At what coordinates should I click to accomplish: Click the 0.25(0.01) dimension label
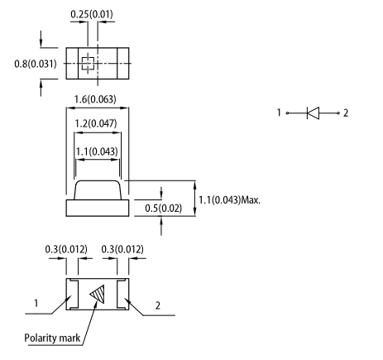point(92,14)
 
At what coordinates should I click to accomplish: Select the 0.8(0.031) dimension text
point(36,64)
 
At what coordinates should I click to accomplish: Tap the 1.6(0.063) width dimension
point(95,99)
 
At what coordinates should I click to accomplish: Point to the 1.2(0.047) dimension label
point(96,123)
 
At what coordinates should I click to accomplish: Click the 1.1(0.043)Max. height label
point(230,199)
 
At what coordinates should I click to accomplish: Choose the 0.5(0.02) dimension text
point(164,208)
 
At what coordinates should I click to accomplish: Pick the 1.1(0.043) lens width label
point(97,151)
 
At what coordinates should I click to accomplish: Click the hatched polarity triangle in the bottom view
point(98,294)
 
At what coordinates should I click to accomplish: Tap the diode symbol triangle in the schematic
point(313,113)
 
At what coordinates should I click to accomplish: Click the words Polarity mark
point(52,338)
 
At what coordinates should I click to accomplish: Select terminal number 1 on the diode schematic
point(279,113)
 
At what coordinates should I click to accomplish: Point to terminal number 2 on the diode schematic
point(346,113)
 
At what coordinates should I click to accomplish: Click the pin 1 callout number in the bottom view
point(36,304)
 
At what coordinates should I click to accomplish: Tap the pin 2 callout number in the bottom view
point(158,305)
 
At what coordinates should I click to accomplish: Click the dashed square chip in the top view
point(88,64)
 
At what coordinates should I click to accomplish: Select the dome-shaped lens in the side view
point(98,190)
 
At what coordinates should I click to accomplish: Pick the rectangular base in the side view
point(98,208)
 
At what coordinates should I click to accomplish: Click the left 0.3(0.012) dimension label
point(66,249)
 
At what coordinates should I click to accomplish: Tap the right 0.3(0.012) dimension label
point(122,249)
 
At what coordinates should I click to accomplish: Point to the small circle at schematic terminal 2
point(338,113)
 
